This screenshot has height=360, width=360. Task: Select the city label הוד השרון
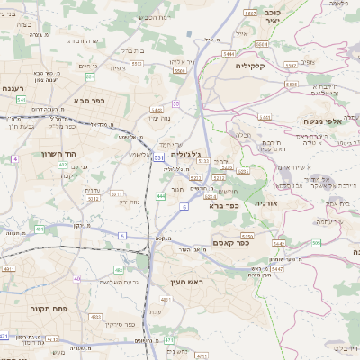click(37, 154)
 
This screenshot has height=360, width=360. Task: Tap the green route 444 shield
click(160, 195)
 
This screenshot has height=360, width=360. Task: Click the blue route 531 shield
click(158, 157)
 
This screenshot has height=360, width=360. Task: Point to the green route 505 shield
click(316, 244)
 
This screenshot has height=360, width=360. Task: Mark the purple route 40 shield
click(77, 279)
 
